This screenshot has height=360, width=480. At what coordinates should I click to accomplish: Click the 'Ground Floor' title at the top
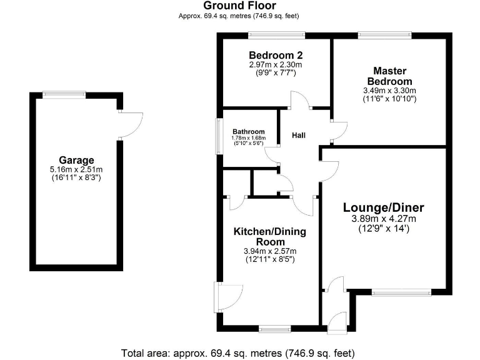(239, 6)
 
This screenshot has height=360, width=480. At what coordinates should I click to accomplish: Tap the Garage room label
(76, 160)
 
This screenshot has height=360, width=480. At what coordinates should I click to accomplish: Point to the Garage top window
(64, 94)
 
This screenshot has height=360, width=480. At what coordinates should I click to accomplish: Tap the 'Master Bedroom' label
(389, 76)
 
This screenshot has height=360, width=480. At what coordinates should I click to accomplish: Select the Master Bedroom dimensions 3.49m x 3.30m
(389, 94)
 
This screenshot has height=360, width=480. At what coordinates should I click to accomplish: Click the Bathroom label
(248, 132)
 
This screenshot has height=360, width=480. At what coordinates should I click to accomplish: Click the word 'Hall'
(299, 135)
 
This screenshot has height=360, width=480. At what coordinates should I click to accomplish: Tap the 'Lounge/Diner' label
(383, 207)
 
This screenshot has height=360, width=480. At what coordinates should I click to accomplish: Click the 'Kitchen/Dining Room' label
(270, 237)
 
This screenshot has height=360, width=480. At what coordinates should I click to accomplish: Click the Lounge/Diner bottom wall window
(406, 291)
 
